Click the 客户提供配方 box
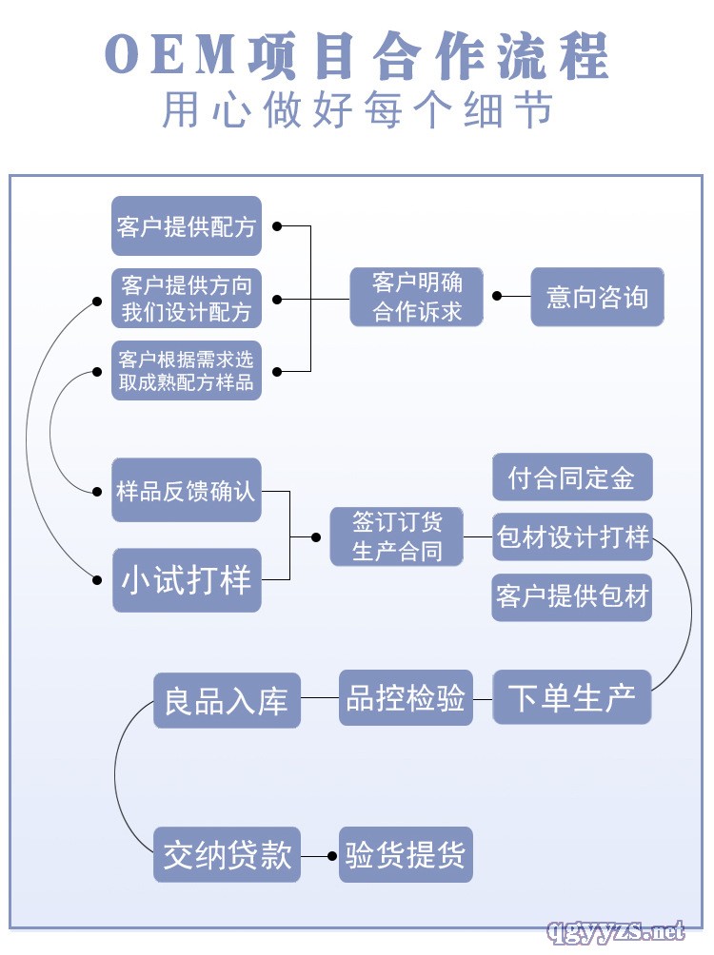click(187, 226)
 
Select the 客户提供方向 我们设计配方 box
click(187, 298)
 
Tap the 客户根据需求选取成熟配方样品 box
click(187, 370)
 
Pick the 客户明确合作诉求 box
click(417, 297)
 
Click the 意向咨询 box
click(597, 297)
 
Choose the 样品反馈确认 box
click(187, 491)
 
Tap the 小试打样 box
click(187, 579)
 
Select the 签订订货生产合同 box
click(398, 536)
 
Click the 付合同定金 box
click(572, 477)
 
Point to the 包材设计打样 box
click(572, 536)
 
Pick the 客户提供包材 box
click(572, 596)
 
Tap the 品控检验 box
click(406, 698)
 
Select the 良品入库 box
click(227, 701)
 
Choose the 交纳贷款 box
click(227, 854)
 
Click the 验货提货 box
click(406, 854)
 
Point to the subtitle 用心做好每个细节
click(357, 110)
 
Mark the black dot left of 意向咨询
click(496, 296)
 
